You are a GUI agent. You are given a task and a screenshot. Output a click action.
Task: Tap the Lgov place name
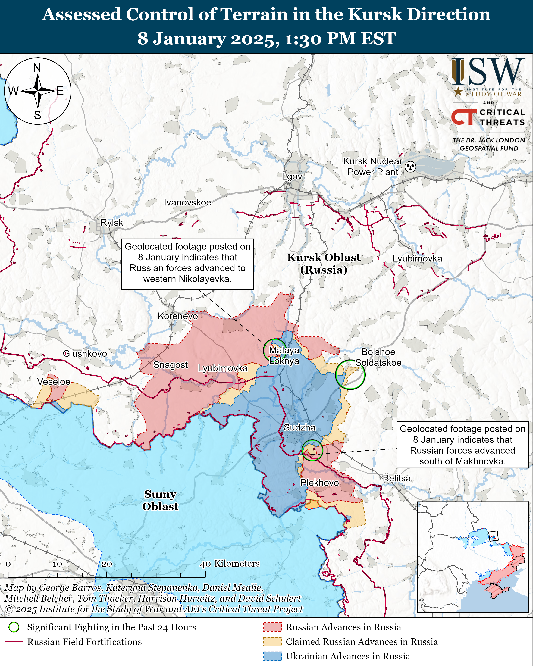[292, 176]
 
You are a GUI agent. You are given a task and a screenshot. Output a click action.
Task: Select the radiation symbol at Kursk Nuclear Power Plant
[410, 167]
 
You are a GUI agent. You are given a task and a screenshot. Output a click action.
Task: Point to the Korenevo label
[178, 316]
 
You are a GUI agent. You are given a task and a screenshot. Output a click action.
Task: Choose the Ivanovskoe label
[188, 202]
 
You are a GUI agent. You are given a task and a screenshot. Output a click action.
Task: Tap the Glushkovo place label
[85, 353]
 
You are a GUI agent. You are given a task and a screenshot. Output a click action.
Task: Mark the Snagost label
[171, 365]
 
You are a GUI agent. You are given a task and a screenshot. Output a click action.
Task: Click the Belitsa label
[397, 478]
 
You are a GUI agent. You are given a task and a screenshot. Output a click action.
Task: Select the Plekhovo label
[319, 483]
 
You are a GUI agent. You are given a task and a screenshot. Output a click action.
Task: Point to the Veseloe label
[54, 382]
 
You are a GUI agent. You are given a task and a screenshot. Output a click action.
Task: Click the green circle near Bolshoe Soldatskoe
[350, 375]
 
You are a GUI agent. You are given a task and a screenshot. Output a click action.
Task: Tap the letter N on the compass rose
[37, 68]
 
